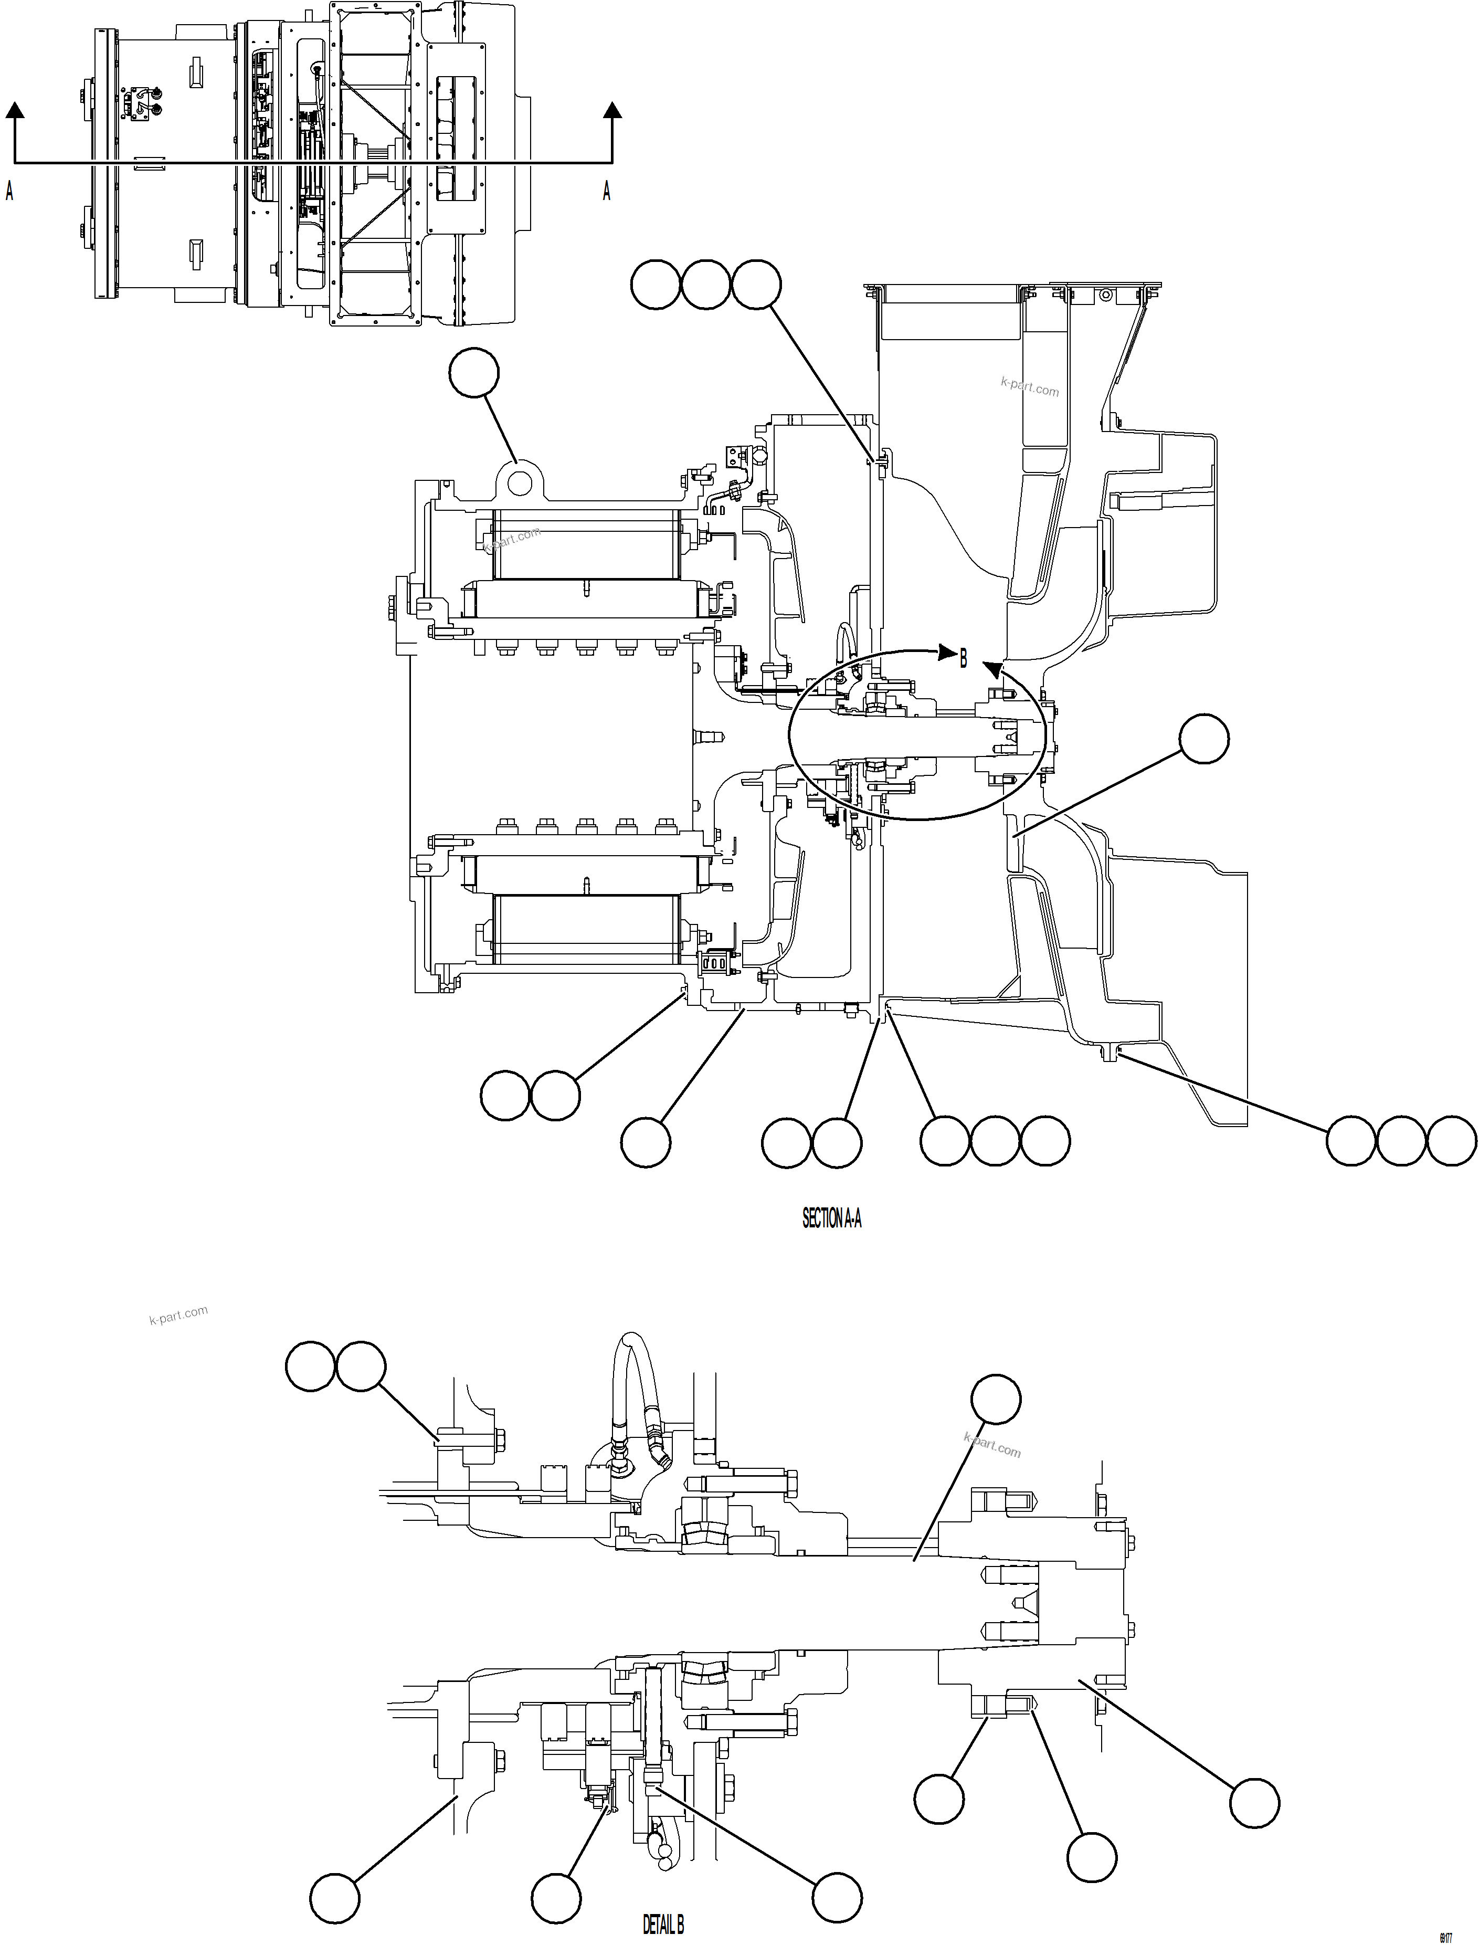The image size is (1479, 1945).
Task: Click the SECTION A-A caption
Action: pyautogui.click(x=831, y=1218)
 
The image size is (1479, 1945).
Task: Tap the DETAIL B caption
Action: pyautogui.click(x=663, y=1925)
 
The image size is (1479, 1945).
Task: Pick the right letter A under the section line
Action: pyautogui.click(x=607, y=190)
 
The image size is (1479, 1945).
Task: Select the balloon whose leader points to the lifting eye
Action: pyautogui.click(x=473, y=373)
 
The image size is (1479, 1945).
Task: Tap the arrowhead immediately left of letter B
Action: pyautogui.click(x=946, y=654)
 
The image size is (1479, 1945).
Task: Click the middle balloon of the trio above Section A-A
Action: pyautogui.click(x=705, y=285)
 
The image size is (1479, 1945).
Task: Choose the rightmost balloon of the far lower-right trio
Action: pyautogui.click(x=1451, y=1141)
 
